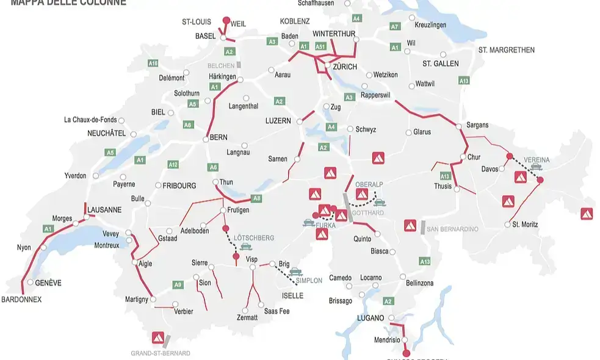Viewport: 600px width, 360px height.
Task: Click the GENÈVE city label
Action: pos(48,283)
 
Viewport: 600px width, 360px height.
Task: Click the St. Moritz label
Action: pos(525,225)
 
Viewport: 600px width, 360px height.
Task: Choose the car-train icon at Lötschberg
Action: pos(246,247)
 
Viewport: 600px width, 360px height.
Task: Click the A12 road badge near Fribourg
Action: pos(173,165)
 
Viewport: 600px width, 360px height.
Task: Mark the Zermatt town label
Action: pos(247,318)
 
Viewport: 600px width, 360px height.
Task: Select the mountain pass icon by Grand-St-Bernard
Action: pos(159,337)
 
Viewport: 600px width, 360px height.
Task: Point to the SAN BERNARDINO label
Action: pos(452,229)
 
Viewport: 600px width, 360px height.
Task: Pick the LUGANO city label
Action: pos(371,318)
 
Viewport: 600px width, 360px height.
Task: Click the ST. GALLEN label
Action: pos(440,63)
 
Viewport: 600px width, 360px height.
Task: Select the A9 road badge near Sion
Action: pos(178,284)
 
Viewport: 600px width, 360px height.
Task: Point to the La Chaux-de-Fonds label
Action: pos(90,120)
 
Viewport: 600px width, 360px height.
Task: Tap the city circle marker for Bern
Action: pos(206,139)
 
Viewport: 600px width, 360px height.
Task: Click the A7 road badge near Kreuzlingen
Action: pos(395,27)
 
